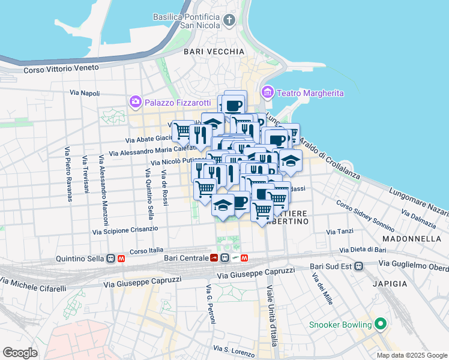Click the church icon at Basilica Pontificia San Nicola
point(229,21)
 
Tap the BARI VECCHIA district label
point(214,52)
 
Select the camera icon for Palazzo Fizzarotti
point(135,101)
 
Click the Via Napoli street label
point(85,93)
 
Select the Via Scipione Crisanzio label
point(125,230)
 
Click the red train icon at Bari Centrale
point(214,259)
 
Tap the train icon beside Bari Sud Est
point(358,266)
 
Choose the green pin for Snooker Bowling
point(379,325)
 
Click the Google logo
point(20,353)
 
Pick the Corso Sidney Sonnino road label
point(364,214)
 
